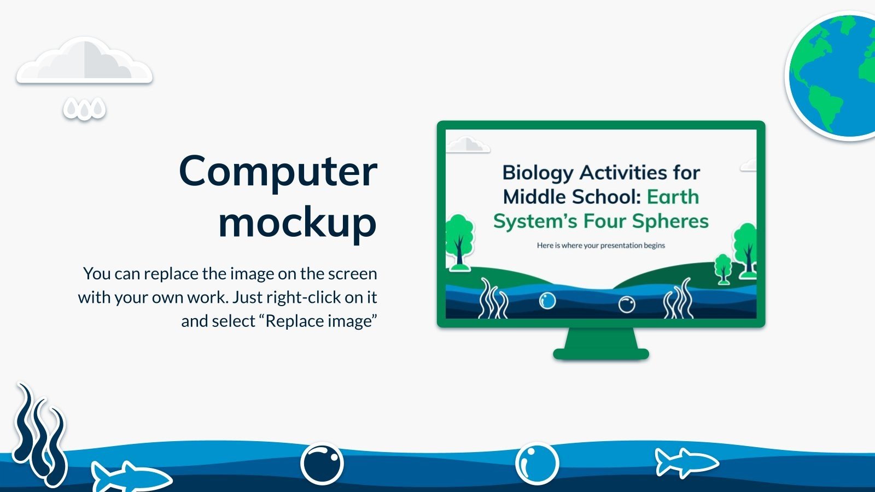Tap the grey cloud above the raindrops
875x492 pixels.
click(84, 60)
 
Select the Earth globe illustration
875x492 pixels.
click(831, 76)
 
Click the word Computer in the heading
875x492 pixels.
click(278, 172)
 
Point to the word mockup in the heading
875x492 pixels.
click(297, 222)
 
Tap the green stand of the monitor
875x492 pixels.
click(601, 344)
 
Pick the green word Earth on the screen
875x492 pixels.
click(673, 196)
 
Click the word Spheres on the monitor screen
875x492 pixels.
click(670, 221)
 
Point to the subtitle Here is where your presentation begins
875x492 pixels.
click(601, 245)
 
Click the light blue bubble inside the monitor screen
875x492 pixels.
click(547, 301)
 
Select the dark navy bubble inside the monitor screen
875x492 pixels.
click(627, 304)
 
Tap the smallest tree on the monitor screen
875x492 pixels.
click(722, 269)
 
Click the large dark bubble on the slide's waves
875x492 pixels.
click(322, 464)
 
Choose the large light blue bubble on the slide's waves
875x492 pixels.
click(537, 464)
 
